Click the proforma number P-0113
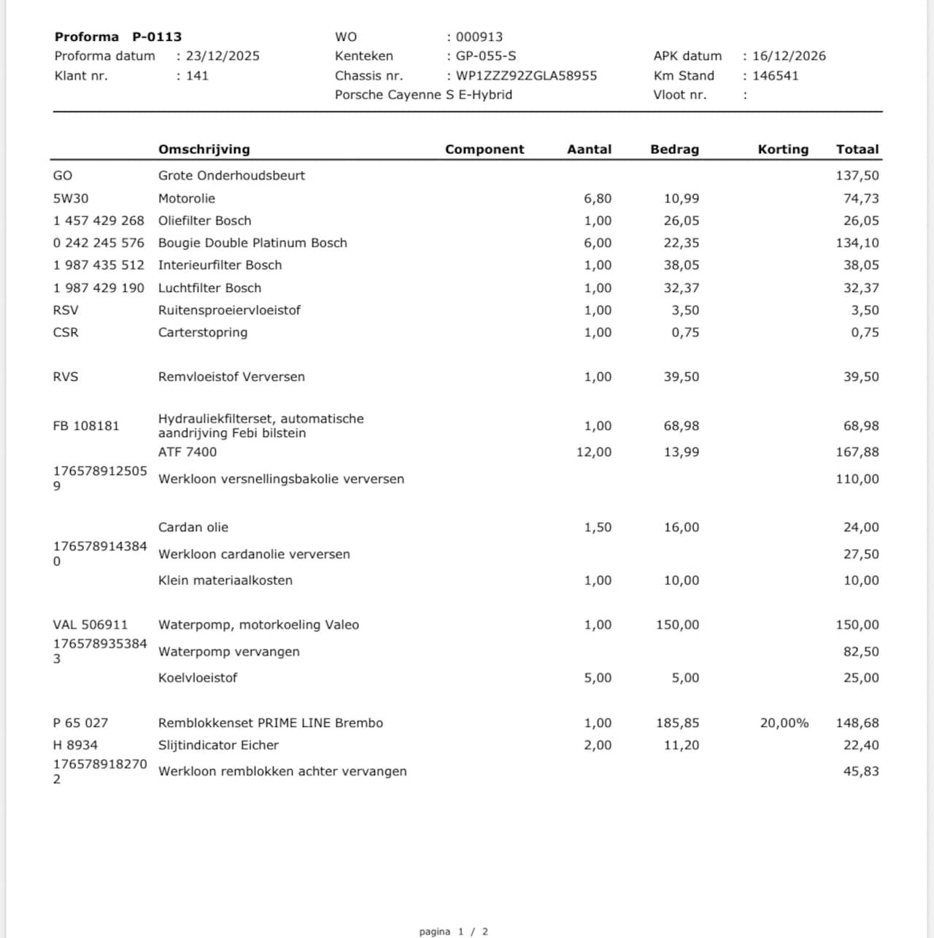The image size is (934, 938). point(157,36)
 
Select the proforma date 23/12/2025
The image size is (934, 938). point(222,56)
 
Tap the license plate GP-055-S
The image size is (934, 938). point(485,56)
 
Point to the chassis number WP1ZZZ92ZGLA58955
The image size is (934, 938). point(526,76)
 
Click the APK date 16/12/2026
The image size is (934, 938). point(789,56)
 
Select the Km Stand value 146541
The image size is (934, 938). point(775,76)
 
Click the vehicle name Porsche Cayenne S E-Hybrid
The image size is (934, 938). point(423,95)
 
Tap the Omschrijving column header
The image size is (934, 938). point(204,150)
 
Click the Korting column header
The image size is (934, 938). point(783,150)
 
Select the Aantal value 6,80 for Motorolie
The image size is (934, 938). point(598,199)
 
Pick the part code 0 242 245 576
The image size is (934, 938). point(99,243)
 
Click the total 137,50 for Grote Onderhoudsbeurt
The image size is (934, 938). point(857,176)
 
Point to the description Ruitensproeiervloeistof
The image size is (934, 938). point(229,310)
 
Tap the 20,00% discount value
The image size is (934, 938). point(784,723)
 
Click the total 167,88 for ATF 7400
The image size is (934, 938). point(857,453)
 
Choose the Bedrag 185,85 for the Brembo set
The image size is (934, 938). point(677,723)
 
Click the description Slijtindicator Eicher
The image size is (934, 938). point(218,745)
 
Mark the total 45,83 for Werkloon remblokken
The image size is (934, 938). point(861,772)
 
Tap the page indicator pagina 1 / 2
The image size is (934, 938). point(453,931)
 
